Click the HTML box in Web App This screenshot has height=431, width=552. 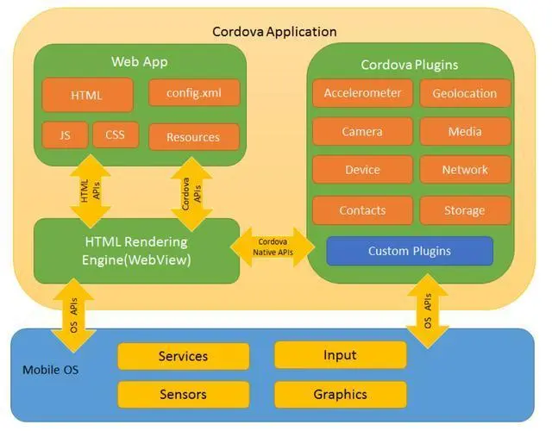pyautogui.click(x=87, y=96)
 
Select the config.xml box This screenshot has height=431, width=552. pyautogui.click(x=194, y=93)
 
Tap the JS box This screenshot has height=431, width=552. pyautogui.click(x=65, y=134)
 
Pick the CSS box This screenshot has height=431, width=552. pyautogui.click(x=116, y=134)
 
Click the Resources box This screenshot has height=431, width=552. pyautogui.click(x=193, y=137)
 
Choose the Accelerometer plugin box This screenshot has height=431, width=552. pyautogui.click(x=362, y=93)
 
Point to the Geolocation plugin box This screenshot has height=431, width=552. pyautogui.click(x=465, y=93)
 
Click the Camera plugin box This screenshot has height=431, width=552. pyautogui.click(x=362, y=132)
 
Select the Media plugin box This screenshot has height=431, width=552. pyautogui.click(x=465, y=132)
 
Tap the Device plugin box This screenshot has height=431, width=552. pyautogui.click(x=362, y=170)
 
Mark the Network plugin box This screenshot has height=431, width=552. pyautogui.click(x=465, y=170)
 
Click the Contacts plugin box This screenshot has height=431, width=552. pyautogui.click(x=362, y=210)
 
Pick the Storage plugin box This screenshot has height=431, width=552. pyautogui.click(x=465, y=210)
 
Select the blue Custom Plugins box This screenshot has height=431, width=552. pyautogui.click(x=409, y=251)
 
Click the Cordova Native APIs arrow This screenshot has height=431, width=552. pyautogui.click(x=273, y=247)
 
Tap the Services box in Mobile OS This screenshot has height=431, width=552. pyautogui.click(x=183, y=356)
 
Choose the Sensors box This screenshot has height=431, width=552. pyautogui.click(x=183, y=395)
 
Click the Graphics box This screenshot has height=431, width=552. pyautogui.click(x=340, y=395)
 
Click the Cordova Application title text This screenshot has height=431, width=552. pyautogui.click(x=274, y=32)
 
